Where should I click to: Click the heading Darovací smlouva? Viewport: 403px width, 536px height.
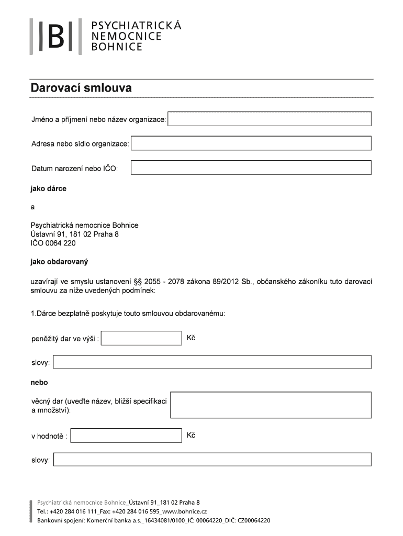81,88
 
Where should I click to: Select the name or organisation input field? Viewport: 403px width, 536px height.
270,119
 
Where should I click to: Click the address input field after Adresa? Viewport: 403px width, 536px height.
251,143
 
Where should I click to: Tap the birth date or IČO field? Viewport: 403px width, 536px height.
251,167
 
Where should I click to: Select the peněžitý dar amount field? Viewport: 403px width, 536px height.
141,338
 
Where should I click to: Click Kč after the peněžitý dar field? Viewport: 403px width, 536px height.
191,338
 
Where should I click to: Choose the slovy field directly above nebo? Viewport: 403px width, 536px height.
212,362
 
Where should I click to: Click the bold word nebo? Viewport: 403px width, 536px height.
39,383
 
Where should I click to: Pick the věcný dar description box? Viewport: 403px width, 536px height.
271,405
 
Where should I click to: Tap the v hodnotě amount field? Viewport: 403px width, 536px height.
126,435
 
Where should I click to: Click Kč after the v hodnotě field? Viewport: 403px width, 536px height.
191,435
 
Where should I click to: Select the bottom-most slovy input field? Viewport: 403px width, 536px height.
212,460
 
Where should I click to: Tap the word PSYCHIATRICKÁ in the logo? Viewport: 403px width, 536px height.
136,25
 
